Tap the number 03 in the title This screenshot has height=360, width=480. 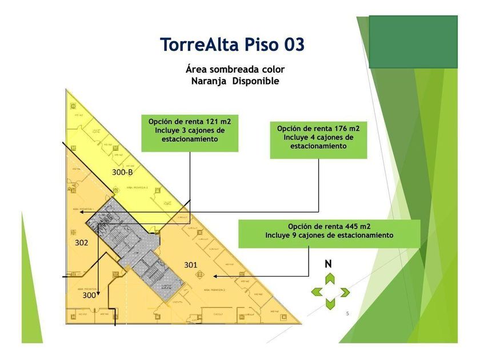(x=291, y=45)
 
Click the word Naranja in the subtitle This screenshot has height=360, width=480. (x=209, y=81)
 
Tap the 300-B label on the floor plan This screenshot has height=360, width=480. (x=122, y=172)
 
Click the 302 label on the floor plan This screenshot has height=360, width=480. (x=81, y=243)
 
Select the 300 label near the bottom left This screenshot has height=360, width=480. (x=89, y=295)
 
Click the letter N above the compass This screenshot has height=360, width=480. (x=329, y=264)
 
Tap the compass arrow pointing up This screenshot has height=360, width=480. (x=330, y=279)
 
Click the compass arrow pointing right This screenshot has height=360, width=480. (x=344, y=293)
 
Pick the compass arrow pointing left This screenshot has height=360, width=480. (x=316, y=293)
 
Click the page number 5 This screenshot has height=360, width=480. (x=347, y=314)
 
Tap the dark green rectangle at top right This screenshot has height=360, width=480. (x=413, y=37)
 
